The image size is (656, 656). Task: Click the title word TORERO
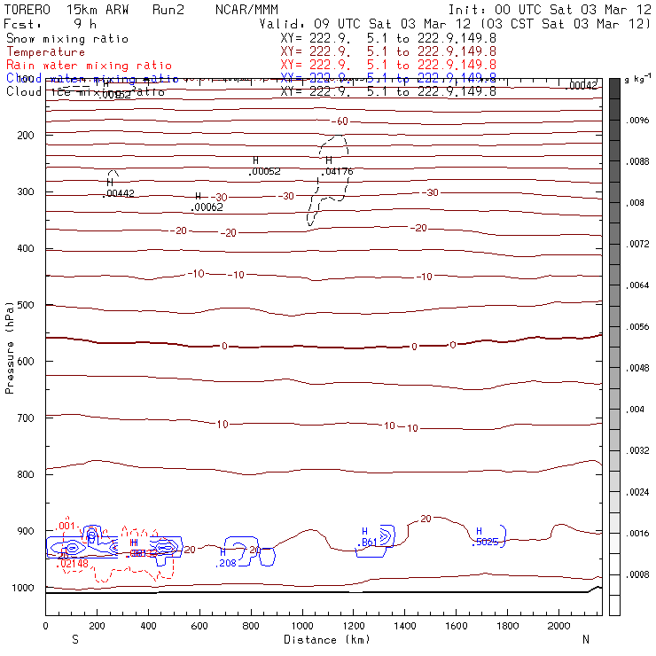tap(27, 8)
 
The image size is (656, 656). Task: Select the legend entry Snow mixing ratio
tap(66, 39)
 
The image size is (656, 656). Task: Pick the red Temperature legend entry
tap(45, 52)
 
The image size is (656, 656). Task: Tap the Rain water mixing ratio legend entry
tap(89, 66)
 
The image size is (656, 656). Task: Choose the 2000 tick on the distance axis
tap(559, 626)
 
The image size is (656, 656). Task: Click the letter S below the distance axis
tap(75, 639)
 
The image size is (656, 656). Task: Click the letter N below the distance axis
tap(585, 639)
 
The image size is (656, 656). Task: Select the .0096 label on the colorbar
tap(639, 121)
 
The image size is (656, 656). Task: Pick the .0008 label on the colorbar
tap(639, 574)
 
